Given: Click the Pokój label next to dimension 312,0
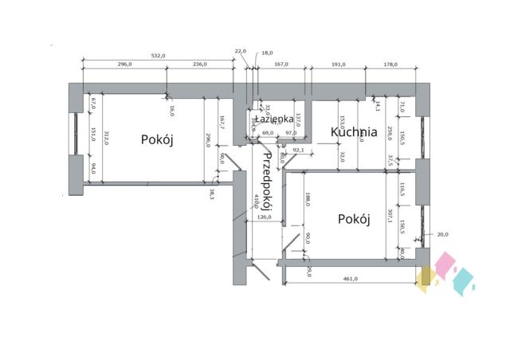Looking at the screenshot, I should pos(157,139).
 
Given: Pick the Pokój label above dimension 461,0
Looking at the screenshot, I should pos(353,219).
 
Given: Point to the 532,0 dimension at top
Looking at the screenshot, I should pos(157,56).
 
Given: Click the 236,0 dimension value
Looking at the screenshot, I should pos(198,65).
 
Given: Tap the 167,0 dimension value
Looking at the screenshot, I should pos(280,65).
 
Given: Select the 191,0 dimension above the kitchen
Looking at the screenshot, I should pos(338,65).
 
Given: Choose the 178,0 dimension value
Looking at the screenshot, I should pos(390,65).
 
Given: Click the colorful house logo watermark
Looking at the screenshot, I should pos(446,274).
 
